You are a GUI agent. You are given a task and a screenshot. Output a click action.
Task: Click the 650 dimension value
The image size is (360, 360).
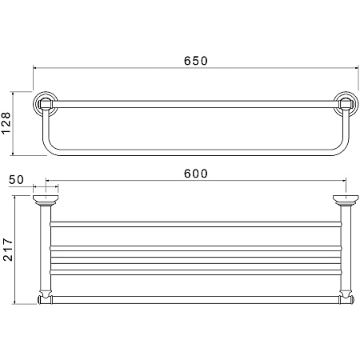pyautogui.click(x=195, y=61)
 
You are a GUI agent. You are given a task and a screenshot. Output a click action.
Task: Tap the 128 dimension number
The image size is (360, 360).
pyautogui.click(x=6, y=123)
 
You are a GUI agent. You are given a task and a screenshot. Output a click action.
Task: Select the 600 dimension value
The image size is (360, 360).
pyautogui.click(x=195, y=174)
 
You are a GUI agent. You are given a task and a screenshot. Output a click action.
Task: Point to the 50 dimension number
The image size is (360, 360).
pyautogui.click(x=16, y=180)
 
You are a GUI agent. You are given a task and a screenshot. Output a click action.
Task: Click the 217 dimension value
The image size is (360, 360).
pyautogui.click(x=7, y=250)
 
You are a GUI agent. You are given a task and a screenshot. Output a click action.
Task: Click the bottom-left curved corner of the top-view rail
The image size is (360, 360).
pyautogui.click(x=48, y=149)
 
